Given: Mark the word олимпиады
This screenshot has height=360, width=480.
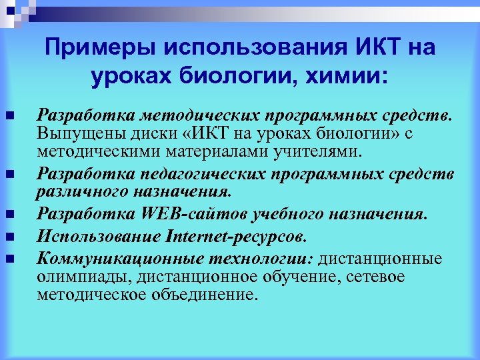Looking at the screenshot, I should [x=76, y=277].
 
